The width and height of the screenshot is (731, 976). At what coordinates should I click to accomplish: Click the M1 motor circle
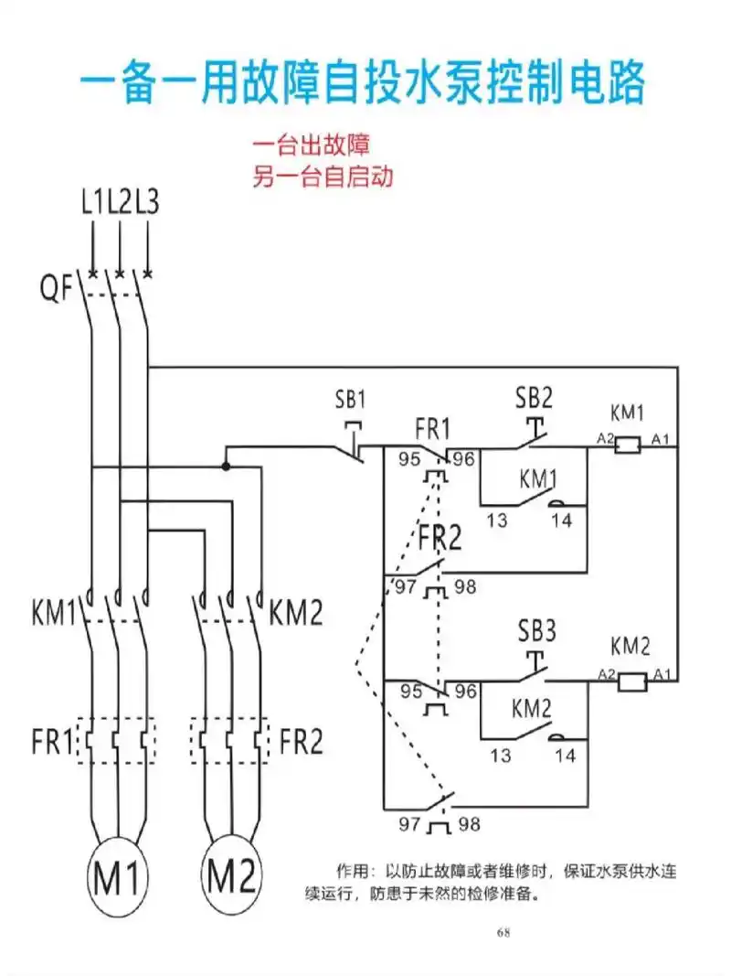(116, 880)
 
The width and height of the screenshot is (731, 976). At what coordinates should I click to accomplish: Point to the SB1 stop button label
(351, 400)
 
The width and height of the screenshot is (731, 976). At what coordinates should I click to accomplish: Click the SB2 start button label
(535, 397)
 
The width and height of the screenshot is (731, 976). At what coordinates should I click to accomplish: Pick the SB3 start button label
(537, 631)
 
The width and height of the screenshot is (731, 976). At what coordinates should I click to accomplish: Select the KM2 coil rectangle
(633, 681)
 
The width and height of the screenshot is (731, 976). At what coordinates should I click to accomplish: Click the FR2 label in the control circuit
(440, 539)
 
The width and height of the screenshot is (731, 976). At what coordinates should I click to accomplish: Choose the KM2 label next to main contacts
(297, 612)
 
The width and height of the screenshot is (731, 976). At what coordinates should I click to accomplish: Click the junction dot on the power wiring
(226, 466)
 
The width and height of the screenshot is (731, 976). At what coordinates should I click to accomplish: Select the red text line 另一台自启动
(322, 177)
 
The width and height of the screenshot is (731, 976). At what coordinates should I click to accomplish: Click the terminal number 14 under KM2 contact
(566, 756)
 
